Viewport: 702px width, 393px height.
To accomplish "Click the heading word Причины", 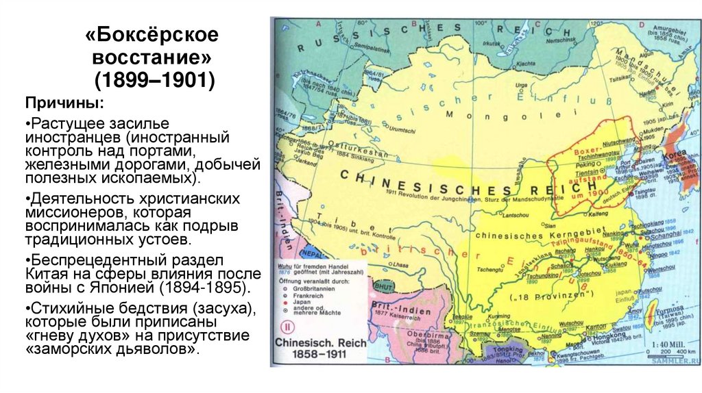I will click(65, 103).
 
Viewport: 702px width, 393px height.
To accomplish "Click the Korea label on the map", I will click(674, 156).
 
